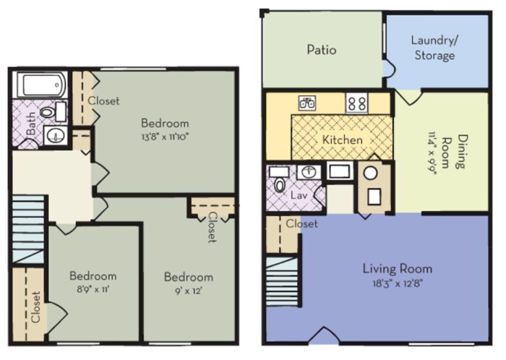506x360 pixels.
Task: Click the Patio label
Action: coord(322,50)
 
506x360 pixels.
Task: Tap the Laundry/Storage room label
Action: coord(434,48)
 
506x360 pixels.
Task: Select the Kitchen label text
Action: coord(343,140)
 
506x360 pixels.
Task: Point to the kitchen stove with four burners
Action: coord(357,103)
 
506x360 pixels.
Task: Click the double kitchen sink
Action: coord(307,103)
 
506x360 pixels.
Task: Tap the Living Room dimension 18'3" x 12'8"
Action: coord(398,283)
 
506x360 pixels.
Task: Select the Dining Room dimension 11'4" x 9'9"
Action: coord(432,153)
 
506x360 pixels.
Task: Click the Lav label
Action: coord(299,195)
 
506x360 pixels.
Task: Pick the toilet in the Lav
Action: coord(279,182)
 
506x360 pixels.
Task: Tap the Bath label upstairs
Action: coord(31,123)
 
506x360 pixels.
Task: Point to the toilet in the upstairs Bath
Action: coord(51,112)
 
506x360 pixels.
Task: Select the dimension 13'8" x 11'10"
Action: coord(165,137)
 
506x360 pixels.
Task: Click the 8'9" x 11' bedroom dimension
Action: coord(93,289)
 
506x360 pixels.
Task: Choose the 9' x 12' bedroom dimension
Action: coord(189,291)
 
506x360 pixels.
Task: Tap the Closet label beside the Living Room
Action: coord(301,223)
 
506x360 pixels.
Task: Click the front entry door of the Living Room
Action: coord(325,335)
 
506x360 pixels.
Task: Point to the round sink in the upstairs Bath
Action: coord(56,135)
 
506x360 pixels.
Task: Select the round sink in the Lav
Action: coord(309,171)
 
